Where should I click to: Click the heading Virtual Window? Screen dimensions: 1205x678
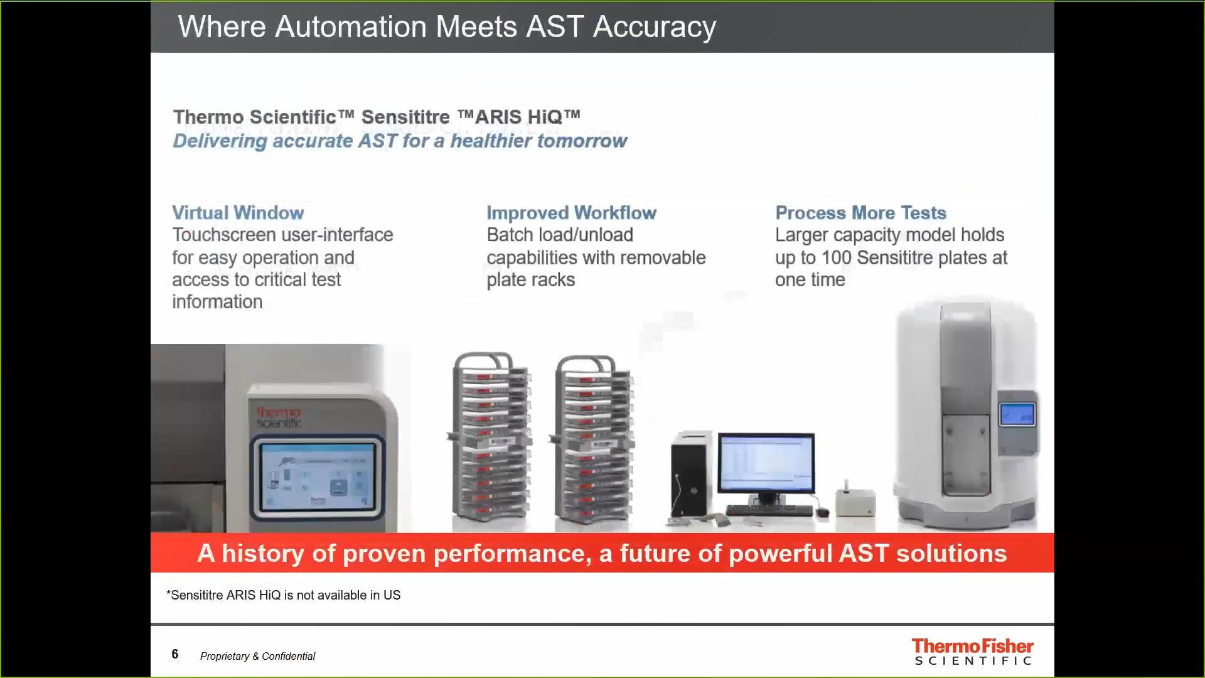pos(238,213)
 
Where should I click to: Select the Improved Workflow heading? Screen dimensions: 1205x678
pos(571,213)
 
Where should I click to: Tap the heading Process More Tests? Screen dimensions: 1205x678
pos(860,213)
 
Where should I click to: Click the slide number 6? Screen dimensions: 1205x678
pos(175,654)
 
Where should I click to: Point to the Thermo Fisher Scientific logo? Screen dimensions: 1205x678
pos(972,652)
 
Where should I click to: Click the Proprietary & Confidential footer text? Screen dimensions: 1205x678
pos(257,656)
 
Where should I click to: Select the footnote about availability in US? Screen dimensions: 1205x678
pos(283,595)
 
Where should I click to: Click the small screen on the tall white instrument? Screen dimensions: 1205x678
pos(1017,414)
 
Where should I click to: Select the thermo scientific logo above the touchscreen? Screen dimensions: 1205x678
pos(279,417)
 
